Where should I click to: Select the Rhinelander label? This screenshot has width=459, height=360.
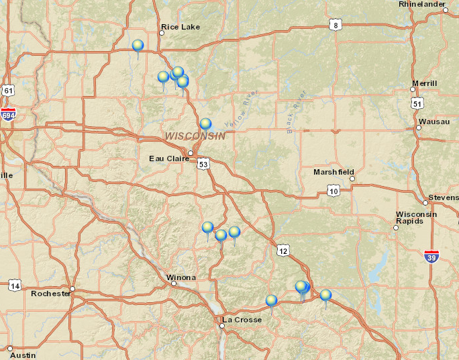pos(422,4)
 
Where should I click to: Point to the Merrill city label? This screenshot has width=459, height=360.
pos(424,83)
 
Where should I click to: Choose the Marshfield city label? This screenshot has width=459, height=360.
pos(334,173)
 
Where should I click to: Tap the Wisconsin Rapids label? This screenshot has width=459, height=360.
pos(416,218)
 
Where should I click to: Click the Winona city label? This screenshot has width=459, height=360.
pos(181,277)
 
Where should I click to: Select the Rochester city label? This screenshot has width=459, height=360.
pos(50,294)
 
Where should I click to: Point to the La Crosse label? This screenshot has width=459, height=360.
pos(242,320)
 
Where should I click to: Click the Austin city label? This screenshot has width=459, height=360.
pos(23,355)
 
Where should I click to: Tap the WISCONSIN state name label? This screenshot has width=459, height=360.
pos(195,136)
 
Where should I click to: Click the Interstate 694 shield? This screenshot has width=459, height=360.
pos(8,113)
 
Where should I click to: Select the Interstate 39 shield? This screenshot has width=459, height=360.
pos(433,256)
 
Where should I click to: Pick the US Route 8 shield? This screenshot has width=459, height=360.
pos(336,26)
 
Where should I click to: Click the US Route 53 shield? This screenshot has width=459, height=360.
pos(203,163)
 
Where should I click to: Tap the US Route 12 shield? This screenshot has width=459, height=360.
pos(282,251)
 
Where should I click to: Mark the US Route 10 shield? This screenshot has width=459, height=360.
pos(334,191)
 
